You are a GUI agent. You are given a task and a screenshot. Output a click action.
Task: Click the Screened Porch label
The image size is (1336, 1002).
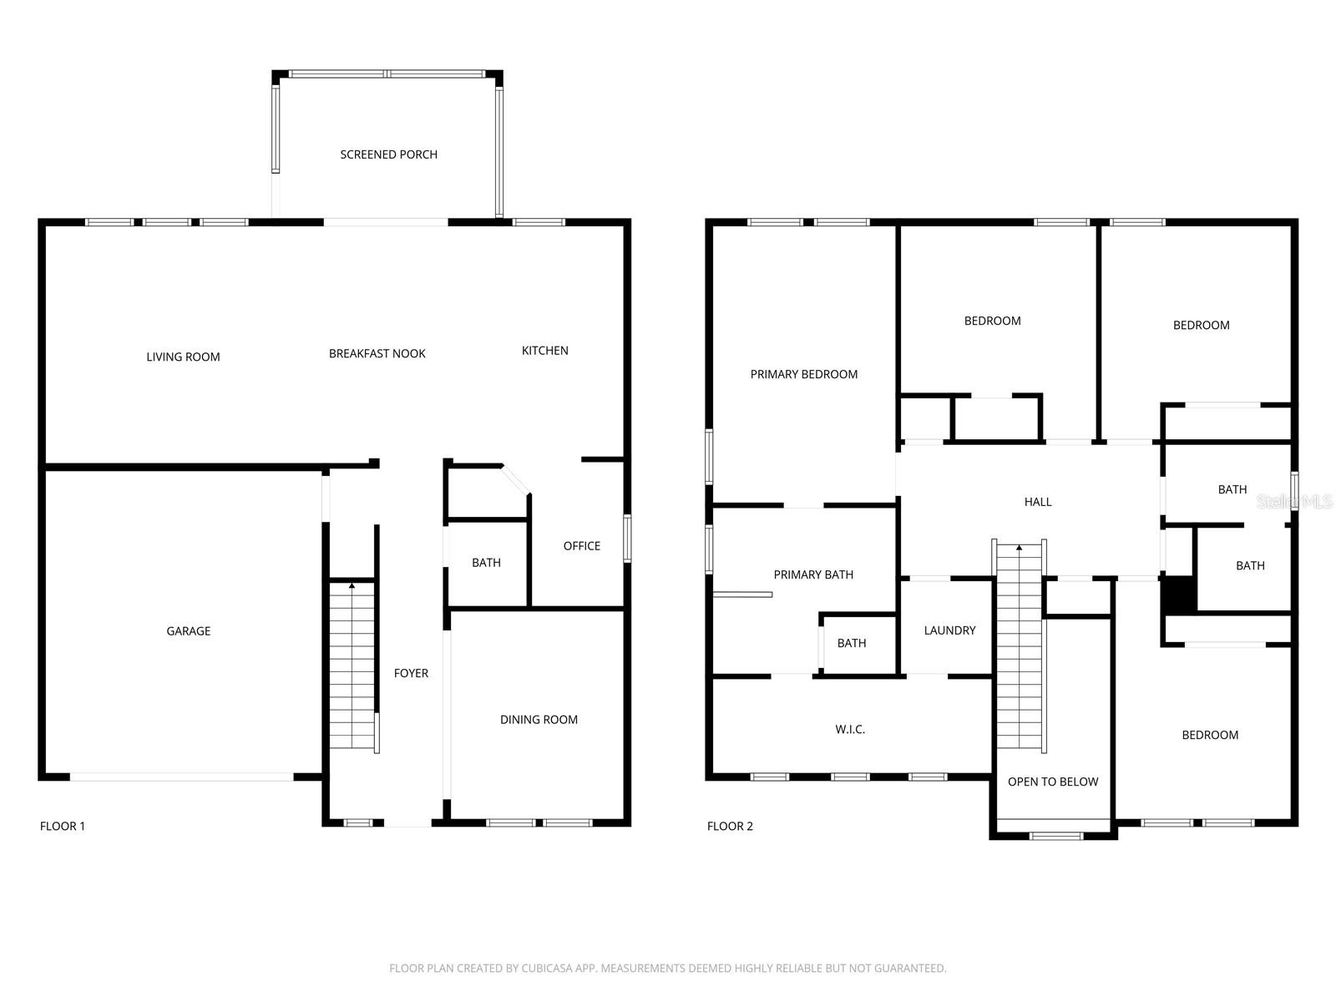pyautogui.click(x=388, y=154)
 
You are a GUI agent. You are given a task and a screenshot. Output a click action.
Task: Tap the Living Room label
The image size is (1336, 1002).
pyautogui.click(x=183, y=357)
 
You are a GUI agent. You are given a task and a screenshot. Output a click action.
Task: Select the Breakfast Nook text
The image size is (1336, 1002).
pyautogui.click(x=377, y=353)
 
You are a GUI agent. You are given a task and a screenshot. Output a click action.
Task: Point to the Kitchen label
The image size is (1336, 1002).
pyautogui.click(x=544, y=351)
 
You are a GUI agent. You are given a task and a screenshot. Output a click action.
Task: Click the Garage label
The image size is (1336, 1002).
pyautogui.click(x=188, y=631)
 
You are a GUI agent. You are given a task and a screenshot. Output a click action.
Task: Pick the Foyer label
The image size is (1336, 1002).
pyautogui.click(x=411, y=673)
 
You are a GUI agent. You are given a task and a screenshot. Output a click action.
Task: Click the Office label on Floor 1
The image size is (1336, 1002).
pyautogui.click(x=581, y=546)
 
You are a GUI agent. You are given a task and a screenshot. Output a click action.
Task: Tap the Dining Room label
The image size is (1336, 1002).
pyautogui.click(x=539, y=720)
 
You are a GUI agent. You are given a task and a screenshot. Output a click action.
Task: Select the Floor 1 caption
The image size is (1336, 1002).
pyautogui.click(x=63, y=827)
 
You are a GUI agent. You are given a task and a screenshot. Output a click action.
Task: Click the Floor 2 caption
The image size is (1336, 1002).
pyautogui.click(x=730, y=827)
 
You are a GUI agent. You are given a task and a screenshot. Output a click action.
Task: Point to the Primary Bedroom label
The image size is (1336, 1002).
pyautogui.click(x=803, y=374)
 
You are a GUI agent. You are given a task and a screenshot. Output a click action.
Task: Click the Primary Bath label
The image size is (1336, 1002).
pyautogui.click(x=813, y=574)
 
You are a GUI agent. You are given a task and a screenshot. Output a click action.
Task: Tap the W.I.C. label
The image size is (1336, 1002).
pyautogui.click(x=850, y=730)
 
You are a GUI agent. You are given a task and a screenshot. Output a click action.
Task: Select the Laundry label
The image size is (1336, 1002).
pyautogui.click(x=949, y=630)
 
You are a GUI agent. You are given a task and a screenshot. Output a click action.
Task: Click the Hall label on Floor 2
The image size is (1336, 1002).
pyautogui.click(x=1038, y=502)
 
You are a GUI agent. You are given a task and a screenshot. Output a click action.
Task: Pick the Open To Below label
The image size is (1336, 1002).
pyautogui.click(x=1053, y=782)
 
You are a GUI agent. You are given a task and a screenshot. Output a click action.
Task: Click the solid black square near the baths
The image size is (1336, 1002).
pyautogui.click(x=1179, y=595)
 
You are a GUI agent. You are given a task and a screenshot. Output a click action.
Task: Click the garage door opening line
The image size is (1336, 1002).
pyautogui.click(x=181, y=777)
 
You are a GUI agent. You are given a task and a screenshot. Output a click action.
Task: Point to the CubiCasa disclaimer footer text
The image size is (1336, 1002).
pyautogui.click(x=667, y=969)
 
